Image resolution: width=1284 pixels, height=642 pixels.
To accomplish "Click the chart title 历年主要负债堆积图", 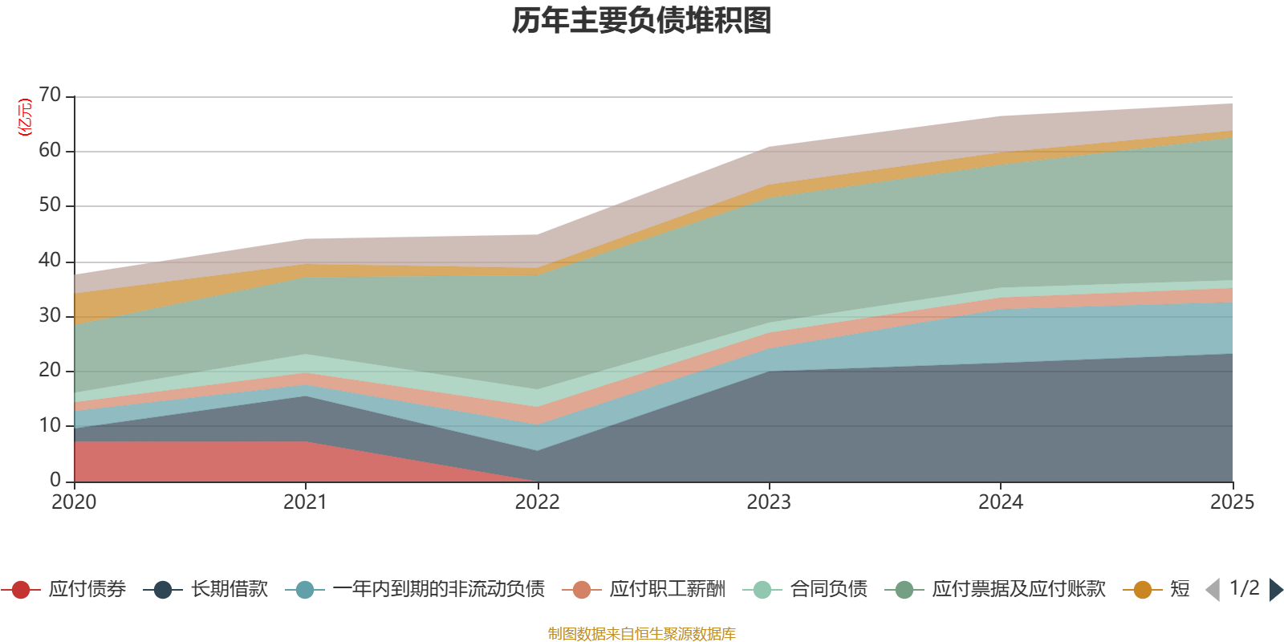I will [642, 21].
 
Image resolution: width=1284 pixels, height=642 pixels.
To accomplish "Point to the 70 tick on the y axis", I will [50, 95].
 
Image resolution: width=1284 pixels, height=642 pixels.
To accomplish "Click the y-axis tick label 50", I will [50, 205].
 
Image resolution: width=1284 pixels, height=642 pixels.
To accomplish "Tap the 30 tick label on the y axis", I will [50, 315].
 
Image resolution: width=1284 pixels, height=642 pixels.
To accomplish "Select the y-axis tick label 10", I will [50, 425].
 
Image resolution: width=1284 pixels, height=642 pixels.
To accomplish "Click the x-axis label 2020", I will [74, 502].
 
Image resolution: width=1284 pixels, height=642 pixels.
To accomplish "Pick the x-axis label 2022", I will [537, 502].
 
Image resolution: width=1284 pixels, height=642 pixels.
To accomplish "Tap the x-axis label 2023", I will [769, 502].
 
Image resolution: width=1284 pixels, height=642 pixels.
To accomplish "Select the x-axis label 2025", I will [1231, 502].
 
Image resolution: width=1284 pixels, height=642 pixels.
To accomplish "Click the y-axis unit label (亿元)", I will [25, 117].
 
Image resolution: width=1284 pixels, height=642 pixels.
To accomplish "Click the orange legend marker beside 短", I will [1142, 590].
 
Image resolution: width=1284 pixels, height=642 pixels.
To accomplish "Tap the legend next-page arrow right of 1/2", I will [1276, 590].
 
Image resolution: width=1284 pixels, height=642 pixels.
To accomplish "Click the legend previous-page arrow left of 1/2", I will [1213, 590].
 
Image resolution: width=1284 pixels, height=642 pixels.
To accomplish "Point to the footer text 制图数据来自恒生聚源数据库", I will [642, 634].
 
